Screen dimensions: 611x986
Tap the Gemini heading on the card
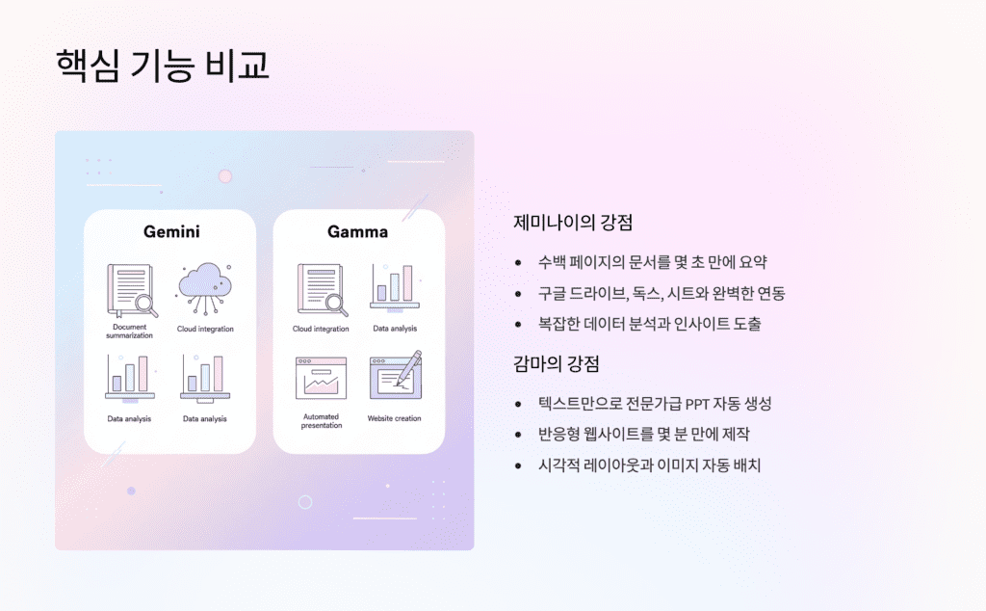[x=171, y=231]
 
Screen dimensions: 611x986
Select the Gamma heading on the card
[x=357, y=231]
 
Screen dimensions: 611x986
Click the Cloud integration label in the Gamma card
[x=321, y=329]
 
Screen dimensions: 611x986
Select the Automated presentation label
[x=321, y=421]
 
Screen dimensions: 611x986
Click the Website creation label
[x=394, y=418]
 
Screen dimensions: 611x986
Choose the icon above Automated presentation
[x=321, y=379]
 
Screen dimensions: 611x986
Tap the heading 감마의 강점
[x=557, y=364]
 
